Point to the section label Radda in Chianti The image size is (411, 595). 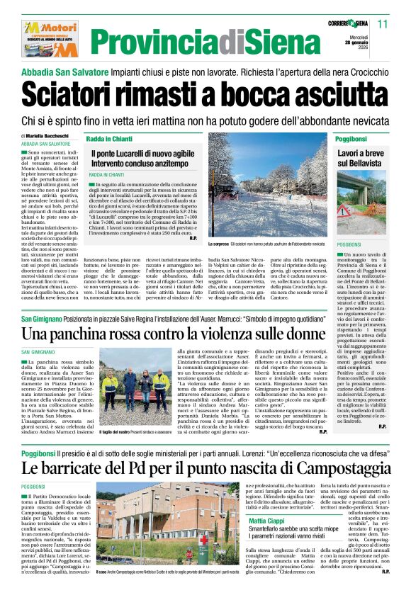click(x=110, y=138)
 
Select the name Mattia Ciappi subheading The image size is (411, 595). click(x=267, y=521)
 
